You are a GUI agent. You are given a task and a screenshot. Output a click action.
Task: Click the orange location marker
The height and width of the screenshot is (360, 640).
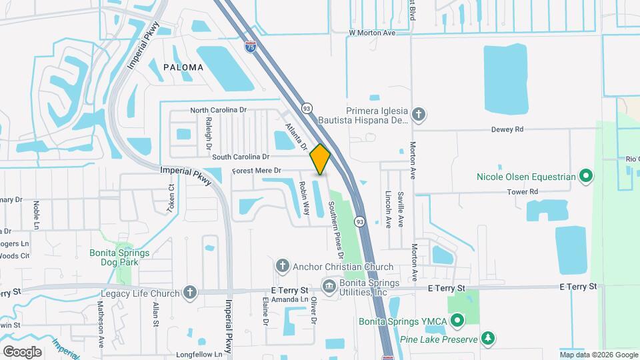tap(320, 159)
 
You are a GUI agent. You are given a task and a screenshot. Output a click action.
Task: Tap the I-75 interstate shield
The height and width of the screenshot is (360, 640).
tap(250, 46)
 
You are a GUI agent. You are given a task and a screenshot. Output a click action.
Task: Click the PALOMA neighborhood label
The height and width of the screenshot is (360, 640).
tap(183, 67)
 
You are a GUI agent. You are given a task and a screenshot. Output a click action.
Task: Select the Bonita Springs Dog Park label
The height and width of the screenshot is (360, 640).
tap(120, 257)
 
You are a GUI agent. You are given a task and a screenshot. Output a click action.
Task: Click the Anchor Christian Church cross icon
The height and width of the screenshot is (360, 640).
tap(282, 267)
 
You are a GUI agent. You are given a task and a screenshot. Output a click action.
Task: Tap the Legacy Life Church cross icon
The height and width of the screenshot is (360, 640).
tap(190, 293)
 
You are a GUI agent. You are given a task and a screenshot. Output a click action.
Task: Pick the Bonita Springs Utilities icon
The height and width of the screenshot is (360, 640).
tap(328, 287)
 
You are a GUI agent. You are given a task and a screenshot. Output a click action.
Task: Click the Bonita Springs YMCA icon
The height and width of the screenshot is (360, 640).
tap(457, 321)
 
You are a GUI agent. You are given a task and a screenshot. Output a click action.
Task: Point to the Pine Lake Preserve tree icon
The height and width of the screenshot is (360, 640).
tap(488, 339)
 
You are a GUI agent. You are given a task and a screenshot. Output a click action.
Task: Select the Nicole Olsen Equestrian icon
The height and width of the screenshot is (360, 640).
tap(586, 177)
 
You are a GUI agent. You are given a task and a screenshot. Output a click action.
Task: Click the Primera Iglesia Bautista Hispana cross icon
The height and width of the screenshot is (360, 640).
tap(418, 115)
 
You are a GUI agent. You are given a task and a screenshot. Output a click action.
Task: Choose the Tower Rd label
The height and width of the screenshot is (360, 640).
tap(523, 192)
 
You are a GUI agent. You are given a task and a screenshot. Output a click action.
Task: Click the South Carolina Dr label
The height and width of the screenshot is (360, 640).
tap(241, 157)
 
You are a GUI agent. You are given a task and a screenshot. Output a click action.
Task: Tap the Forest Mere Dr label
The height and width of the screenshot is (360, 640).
tap(257, 171)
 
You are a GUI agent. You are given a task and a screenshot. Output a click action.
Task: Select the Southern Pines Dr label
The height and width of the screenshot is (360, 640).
tap(335, 236)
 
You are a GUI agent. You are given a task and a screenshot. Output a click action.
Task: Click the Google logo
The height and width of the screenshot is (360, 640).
tap(22, 351)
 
